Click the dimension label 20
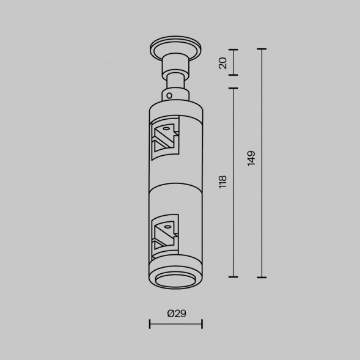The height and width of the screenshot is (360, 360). (222, 63)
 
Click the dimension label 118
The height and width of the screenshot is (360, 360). (222, 182)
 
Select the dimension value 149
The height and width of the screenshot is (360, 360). (251, 158)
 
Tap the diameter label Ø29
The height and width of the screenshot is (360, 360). (177, 314)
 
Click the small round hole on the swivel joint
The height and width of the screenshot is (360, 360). (169, 95)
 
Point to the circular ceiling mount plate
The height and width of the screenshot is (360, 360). (175, 48)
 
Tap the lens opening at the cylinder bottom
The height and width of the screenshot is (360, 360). (175, 281)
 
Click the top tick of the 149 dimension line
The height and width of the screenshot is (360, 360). (262, 49)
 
